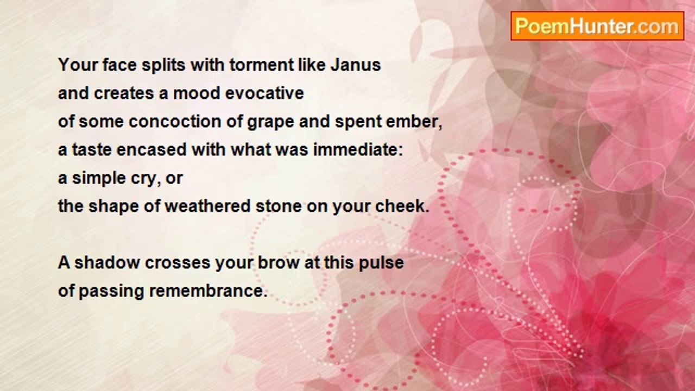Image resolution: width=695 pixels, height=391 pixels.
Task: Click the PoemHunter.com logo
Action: pyautogui.click(x=597, y=26)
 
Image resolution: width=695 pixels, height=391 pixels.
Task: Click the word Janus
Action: pyautogui.click(x=356, y=65)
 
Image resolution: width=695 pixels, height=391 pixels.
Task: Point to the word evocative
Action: pyautogui.click(x=264, y=93)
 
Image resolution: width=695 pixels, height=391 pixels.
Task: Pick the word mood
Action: pyautogui.click(x=197, y=93)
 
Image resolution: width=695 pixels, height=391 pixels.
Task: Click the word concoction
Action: pyautogui.click(x=175, y=122)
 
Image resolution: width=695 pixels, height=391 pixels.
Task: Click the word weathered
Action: pyautogui.click(x=207, y=206)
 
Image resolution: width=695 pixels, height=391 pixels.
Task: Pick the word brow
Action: pyautogui.click(x=279, y=262)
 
